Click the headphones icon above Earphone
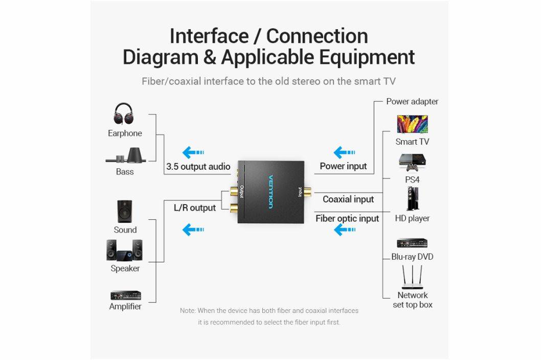[123, 114]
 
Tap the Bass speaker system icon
[126, 155]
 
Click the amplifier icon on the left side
[125, 296]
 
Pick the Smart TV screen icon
[412, 124]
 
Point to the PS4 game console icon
[412, 162]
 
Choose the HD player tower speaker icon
[412, 199]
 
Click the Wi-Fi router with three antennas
[412, 278]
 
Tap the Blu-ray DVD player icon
[412, 243]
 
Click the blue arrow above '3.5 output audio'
[193, 152]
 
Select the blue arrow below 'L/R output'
[193, 230]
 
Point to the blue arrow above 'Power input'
[344, 152]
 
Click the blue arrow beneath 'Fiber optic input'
[344, 230]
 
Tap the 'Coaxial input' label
[348, 199]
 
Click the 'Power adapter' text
[412, 101]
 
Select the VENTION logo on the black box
[271, 191]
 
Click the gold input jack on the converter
[307, 192]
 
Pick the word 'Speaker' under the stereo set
[125, 268]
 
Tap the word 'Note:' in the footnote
[188, 311]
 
